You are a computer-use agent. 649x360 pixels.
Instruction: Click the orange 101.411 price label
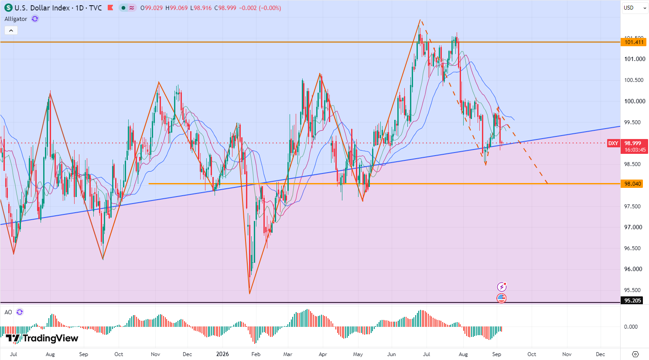(634, 42)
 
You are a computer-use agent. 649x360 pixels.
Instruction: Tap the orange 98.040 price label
(632, 183)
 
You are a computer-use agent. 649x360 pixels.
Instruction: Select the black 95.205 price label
(632, 301)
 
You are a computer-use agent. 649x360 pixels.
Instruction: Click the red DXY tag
(613, 143)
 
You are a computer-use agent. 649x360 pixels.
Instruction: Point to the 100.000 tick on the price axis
(635, 101)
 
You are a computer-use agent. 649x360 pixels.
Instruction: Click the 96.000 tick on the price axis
(633, 269)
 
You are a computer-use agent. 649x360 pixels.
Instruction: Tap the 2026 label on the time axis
(222, 354)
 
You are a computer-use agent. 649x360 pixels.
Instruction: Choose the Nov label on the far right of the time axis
(567, 354)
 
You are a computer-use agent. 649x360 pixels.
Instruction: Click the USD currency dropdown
(635, 8)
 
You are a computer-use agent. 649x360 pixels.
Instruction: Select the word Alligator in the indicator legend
(16, 19)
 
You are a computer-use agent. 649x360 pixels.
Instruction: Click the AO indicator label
(8, 312)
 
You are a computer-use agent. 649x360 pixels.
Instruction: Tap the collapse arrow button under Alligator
(11, 31)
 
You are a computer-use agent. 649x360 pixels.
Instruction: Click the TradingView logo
(42, 338)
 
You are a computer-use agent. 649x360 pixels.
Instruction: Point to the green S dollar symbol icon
(8, 8)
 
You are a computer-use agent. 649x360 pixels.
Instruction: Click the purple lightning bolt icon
(502, 287)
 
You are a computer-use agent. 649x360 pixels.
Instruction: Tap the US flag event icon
(502, 298)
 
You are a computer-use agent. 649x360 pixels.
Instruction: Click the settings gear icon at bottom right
(635, 354)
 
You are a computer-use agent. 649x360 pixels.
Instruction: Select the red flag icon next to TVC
(110, 8)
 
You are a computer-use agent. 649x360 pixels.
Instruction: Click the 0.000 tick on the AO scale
(631, 327)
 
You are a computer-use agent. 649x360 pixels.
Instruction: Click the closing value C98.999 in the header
(225, 8)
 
